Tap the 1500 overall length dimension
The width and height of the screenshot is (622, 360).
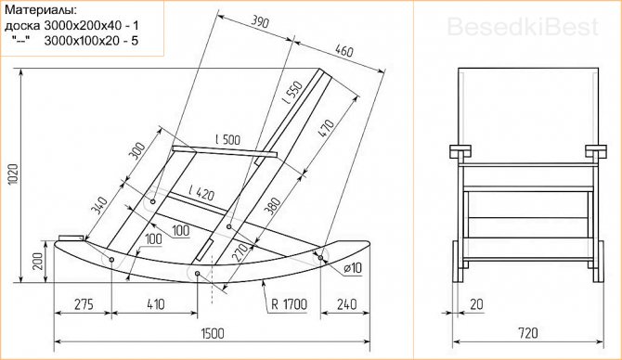pyautogui.click(x=213, y=334)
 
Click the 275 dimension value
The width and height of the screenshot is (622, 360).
pyautogui.click(x=84, y=302)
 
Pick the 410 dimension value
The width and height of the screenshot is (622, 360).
pyautogui.click(x=154, y=302)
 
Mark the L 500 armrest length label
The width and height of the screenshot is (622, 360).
pyautogui.click(x=227, y=140)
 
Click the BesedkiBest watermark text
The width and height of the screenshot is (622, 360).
pyautogui.click(x=523, y=29)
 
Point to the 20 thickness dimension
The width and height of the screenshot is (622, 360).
pyautogui.click(x=476, y=302)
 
